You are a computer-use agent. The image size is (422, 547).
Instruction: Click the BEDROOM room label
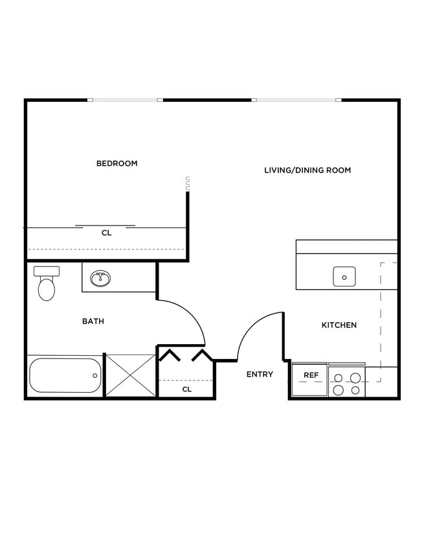(x=117, y=163)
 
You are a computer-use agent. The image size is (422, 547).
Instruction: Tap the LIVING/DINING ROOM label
(x=307, y=170)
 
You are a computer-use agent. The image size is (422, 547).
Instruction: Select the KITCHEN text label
(x=339, y=325)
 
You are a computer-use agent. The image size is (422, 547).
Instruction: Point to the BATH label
(x=93, y=321)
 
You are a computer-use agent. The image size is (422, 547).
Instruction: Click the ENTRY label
(x=260, y=374)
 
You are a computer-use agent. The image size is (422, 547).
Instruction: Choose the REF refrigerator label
(x=311, y=375)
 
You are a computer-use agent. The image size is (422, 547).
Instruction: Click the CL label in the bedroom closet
(x=106, y=233)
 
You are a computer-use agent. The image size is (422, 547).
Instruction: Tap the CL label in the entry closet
(x=186, y=390)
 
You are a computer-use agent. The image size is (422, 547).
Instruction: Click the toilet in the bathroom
(x=47, y=288)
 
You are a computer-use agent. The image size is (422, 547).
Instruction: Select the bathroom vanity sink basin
(x=100, y=279)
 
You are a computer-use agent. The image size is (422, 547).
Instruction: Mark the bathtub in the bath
(x=65, y=375)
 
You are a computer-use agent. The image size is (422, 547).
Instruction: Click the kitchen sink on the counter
(x=344, y=277)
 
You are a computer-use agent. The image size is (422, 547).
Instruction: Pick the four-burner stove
(x=346, y=383)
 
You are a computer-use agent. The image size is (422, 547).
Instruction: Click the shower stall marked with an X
(x=130, y=375)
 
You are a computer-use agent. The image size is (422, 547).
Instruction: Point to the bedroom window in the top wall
(x=125, y=100)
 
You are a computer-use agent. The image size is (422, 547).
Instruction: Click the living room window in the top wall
(x=296, y=100)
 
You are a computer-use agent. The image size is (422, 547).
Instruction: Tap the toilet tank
(x=47, y=271)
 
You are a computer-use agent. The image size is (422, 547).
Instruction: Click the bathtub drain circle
(x=95, y=375)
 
